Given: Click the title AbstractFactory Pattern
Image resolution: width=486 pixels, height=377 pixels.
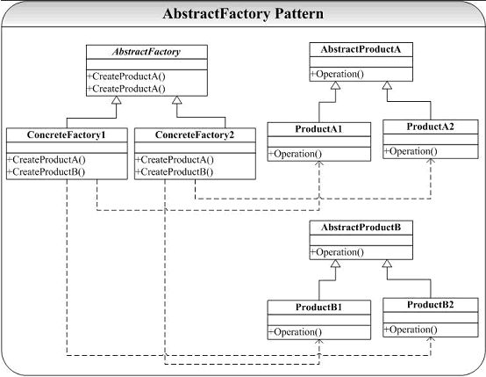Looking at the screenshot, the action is [x=243, y=14].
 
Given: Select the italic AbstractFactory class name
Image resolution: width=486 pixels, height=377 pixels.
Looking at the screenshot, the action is [x=147, y=52].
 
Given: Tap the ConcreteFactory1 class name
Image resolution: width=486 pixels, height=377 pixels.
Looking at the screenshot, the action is [x=67, y=134].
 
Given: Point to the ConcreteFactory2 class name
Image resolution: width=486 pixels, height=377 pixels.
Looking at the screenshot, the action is [x=195, y=134].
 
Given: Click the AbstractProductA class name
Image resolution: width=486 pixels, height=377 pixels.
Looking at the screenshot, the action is [x=361, y=49].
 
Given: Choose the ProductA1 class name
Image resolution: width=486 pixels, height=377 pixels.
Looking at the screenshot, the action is [x=318, y=129].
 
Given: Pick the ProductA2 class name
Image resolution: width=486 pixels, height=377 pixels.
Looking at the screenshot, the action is [x=430, y=127].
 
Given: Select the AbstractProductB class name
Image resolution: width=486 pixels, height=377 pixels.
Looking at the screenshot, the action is [x=361, y=228].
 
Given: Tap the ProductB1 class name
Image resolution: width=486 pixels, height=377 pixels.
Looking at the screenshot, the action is [x=318, y=307].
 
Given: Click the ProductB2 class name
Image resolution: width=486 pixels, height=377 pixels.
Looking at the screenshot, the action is [x=430, y=305].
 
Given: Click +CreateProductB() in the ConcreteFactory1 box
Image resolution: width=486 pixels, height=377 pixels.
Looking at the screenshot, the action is [x=46, y=171].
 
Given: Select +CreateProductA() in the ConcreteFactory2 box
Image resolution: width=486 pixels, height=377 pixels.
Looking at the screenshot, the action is [x=175, y=160].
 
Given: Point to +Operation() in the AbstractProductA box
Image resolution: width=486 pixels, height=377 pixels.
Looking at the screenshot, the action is [x=337, y=74].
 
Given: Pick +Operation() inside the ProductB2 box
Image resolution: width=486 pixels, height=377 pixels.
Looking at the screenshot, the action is [x=411, y=330].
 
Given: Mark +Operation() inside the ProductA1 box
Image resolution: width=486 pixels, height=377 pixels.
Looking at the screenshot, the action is [x=295, y=154].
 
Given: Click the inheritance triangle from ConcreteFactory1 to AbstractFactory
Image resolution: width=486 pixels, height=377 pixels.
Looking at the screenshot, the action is [x=116, y=100].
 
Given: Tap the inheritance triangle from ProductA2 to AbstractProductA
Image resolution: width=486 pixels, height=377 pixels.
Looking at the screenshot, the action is [x=387, y=85].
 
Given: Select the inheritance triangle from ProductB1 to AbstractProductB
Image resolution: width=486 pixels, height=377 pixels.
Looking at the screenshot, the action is [x=335, y=264].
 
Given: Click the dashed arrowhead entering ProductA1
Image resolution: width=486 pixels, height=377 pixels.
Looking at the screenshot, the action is [x=319, y=163].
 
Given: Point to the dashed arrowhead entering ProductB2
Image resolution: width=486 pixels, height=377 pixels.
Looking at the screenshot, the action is [x=431, y=339].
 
